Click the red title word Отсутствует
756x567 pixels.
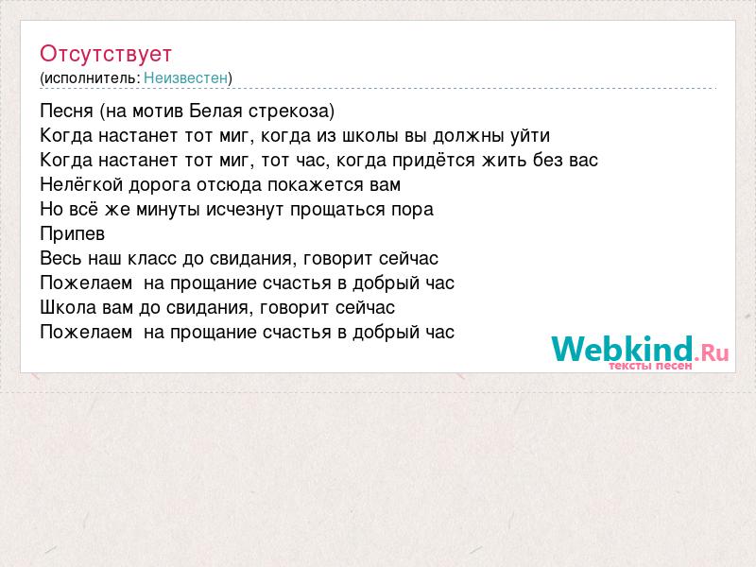tap(106, 54)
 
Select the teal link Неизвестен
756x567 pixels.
tap(185, 77)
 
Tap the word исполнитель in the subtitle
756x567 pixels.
tap(91, 78)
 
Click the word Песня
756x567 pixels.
tap(66, 111)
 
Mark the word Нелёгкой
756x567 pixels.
tap(81, 184)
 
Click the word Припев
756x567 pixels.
tap(73, 234)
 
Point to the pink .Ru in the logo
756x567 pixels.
tap(712, 352)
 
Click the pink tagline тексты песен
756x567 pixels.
tap(650, 366)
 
